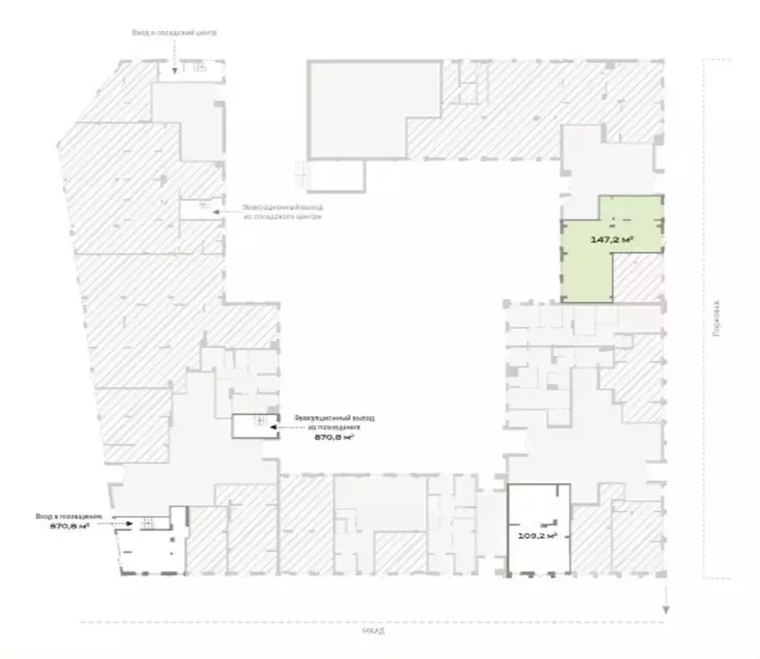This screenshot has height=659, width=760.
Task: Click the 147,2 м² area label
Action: [x=611, y=240]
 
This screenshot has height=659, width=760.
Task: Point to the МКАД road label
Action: [x=373, y=633]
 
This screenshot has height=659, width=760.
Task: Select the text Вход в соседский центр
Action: [x=174, y=33]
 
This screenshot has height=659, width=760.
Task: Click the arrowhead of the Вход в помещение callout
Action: [x=129, y=522]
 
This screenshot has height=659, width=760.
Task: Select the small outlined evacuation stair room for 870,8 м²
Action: [x=254, y=426]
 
